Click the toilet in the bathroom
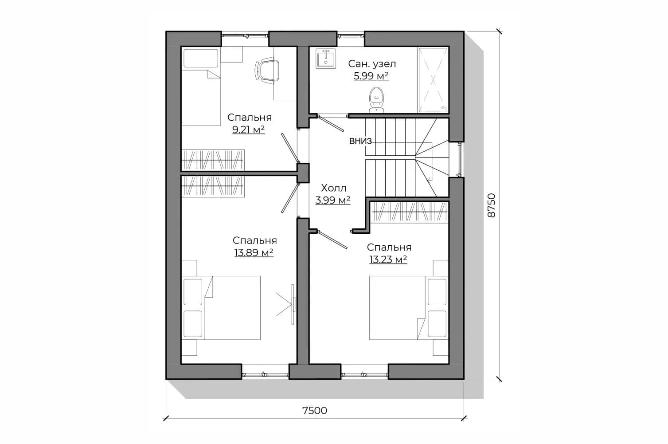pyautogui.click(x=376, y=100)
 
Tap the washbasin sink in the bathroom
pyautogui.click(x=326, y=59)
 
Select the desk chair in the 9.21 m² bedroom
pyautogui.click(x=267, y=71)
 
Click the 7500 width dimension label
pyautogui.click(x=315, y=411)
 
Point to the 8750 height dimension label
pyautogui.click(x=491, y=205)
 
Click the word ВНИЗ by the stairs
pyautogui.click(x=360, y=141)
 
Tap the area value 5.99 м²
pyautogui.click(x=371, y=76)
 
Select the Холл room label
pyautogui.click(x=334, y=188)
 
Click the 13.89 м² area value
pyautogui.click(x=254, y=252)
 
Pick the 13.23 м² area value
pyautogui.click(x=388, y=259)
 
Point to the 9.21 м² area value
pyautogui.click(x=248, y=130)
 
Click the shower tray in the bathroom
pyautogui.click(x=433, y=80)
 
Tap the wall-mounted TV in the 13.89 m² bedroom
pyautogui.click(x=293, y=304)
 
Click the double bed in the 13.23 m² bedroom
pyautogui.click(x=409, y=308)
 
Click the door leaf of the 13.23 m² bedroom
pyautogui.click(x=332, y=240)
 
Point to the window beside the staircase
pyautogui.click(x=460, y=160)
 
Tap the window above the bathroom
pyautogui.click(x=351, y=36)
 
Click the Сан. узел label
pyautogui.click(x=372, y=63)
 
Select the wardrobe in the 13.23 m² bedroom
pyautogui.click(x=409, y=212)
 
